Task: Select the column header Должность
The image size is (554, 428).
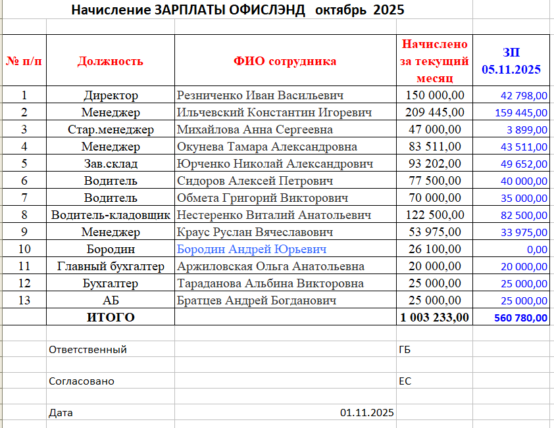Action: pos(110,61)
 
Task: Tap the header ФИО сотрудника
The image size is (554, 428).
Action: pos(285,61)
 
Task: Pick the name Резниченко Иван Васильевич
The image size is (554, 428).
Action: pos(261,95)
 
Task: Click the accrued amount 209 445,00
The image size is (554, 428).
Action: pos(435,112)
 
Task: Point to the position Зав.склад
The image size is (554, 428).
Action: pos(111,164)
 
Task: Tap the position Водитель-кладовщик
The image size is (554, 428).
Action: pos(111,215)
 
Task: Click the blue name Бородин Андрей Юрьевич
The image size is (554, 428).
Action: pos(252,249)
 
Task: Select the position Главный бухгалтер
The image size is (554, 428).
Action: pos(111,266)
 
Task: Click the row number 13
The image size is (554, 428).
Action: pos(24,300)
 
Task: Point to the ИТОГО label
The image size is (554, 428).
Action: pos(111,318)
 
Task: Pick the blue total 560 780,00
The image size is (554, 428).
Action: pos(520,318)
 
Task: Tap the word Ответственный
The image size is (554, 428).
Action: pos(88,350)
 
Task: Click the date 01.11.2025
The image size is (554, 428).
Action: pos(366,413)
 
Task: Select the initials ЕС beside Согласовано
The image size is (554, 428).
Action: pos(405,381)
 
